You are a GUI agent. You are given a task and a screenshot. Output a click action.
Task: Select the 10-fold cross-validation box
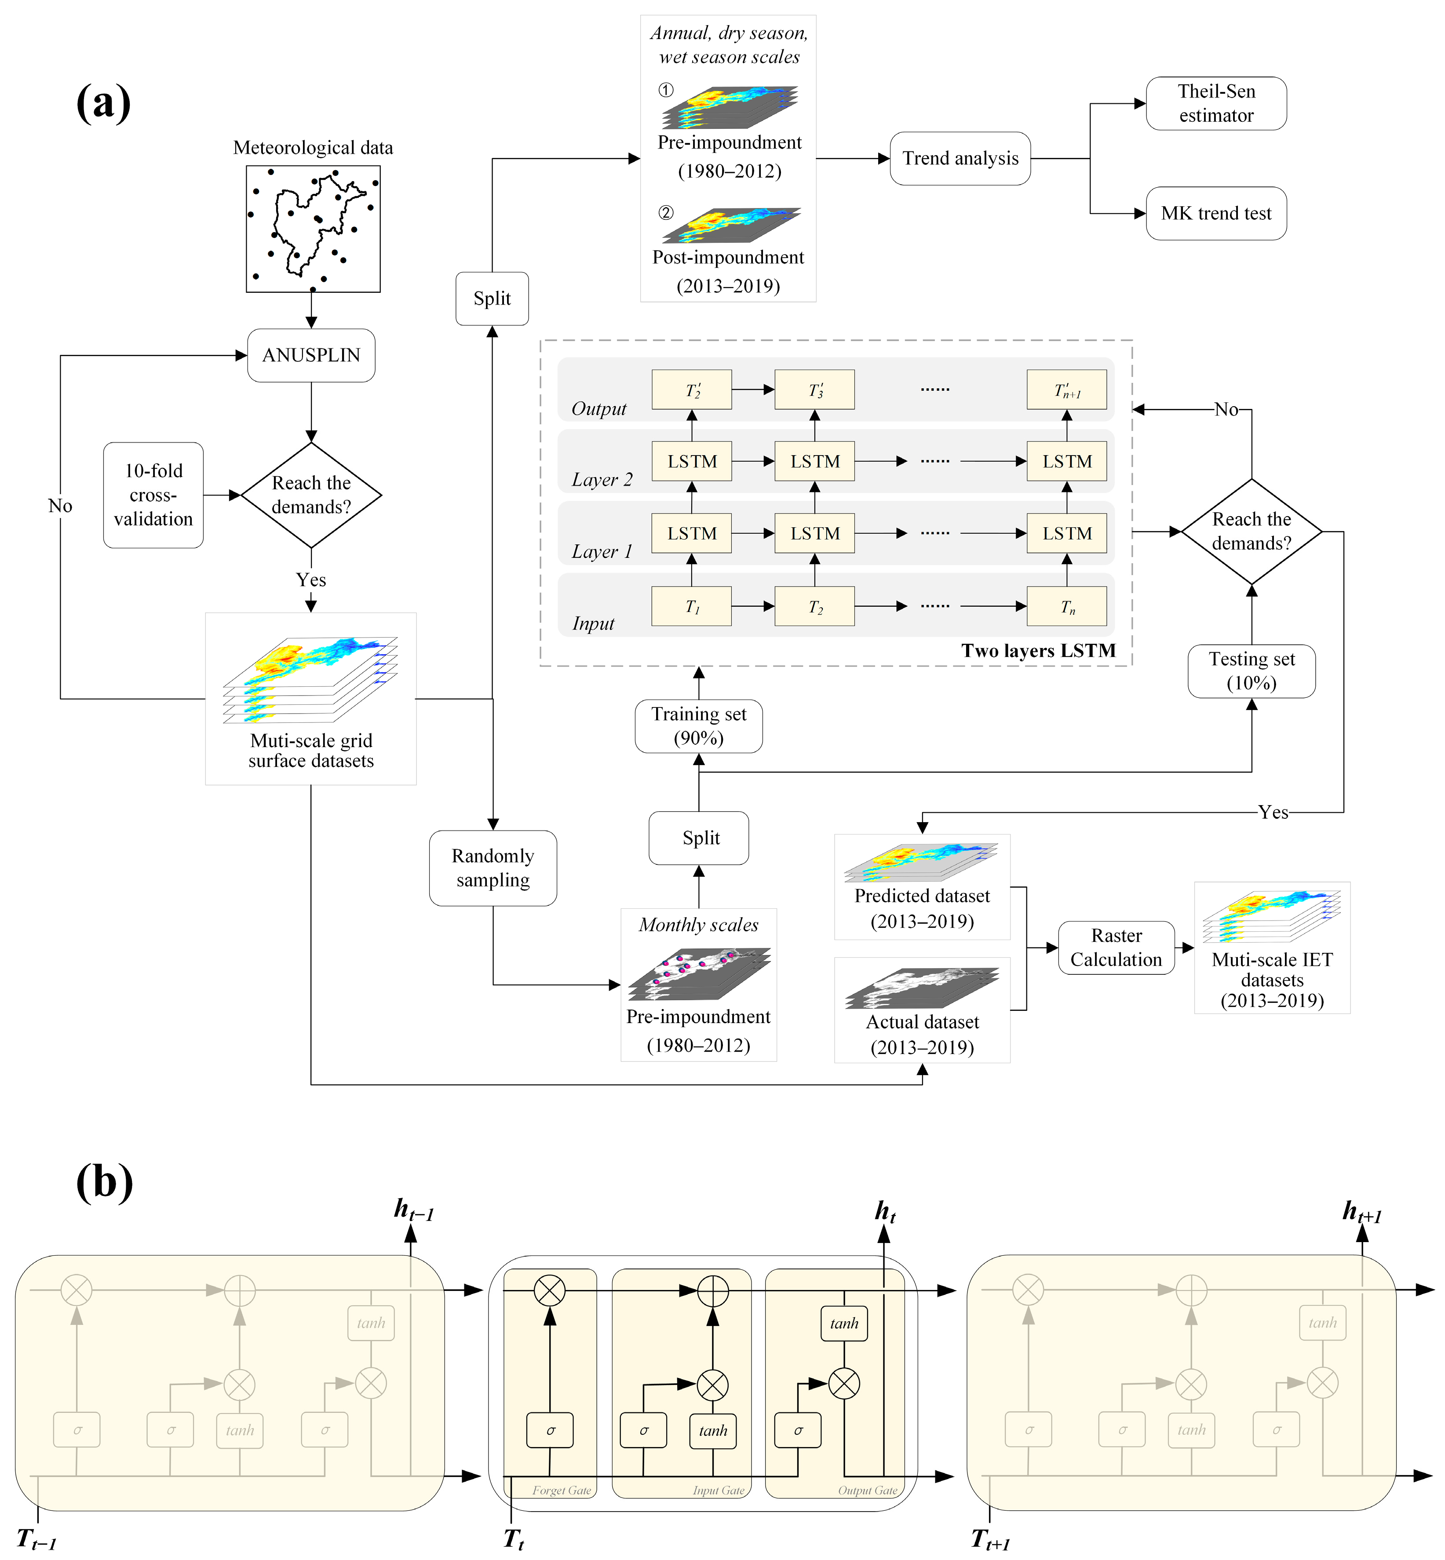click(153, 495)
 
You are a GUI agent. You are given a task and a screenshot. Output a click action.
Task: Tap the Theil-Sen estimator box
click(1216, 103)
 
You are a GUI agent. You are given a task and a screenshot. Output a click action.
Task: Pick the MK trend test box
click(1216, 214)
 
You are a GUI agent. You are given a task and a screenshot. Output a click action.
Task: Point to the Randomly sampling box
click(493, 868)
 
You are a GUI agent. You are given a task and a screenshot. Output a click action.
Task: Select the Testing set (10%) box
click(1251, 671)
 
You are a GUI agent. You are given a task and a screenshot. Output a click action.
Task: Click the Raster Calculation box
click(1116, 948)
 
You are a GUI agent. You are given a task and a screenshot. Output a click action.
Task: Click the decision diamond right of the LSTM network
click(1251, 532)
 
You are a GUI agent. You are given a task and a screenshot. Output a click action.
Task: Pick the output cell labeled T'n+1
click(1066, 390)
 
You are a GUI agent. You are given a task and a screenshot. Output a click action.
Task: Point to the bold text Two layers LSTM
click(1038, 651)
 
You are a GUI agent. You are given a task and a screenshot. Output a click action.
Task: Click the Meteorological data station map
click(313, 228)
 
